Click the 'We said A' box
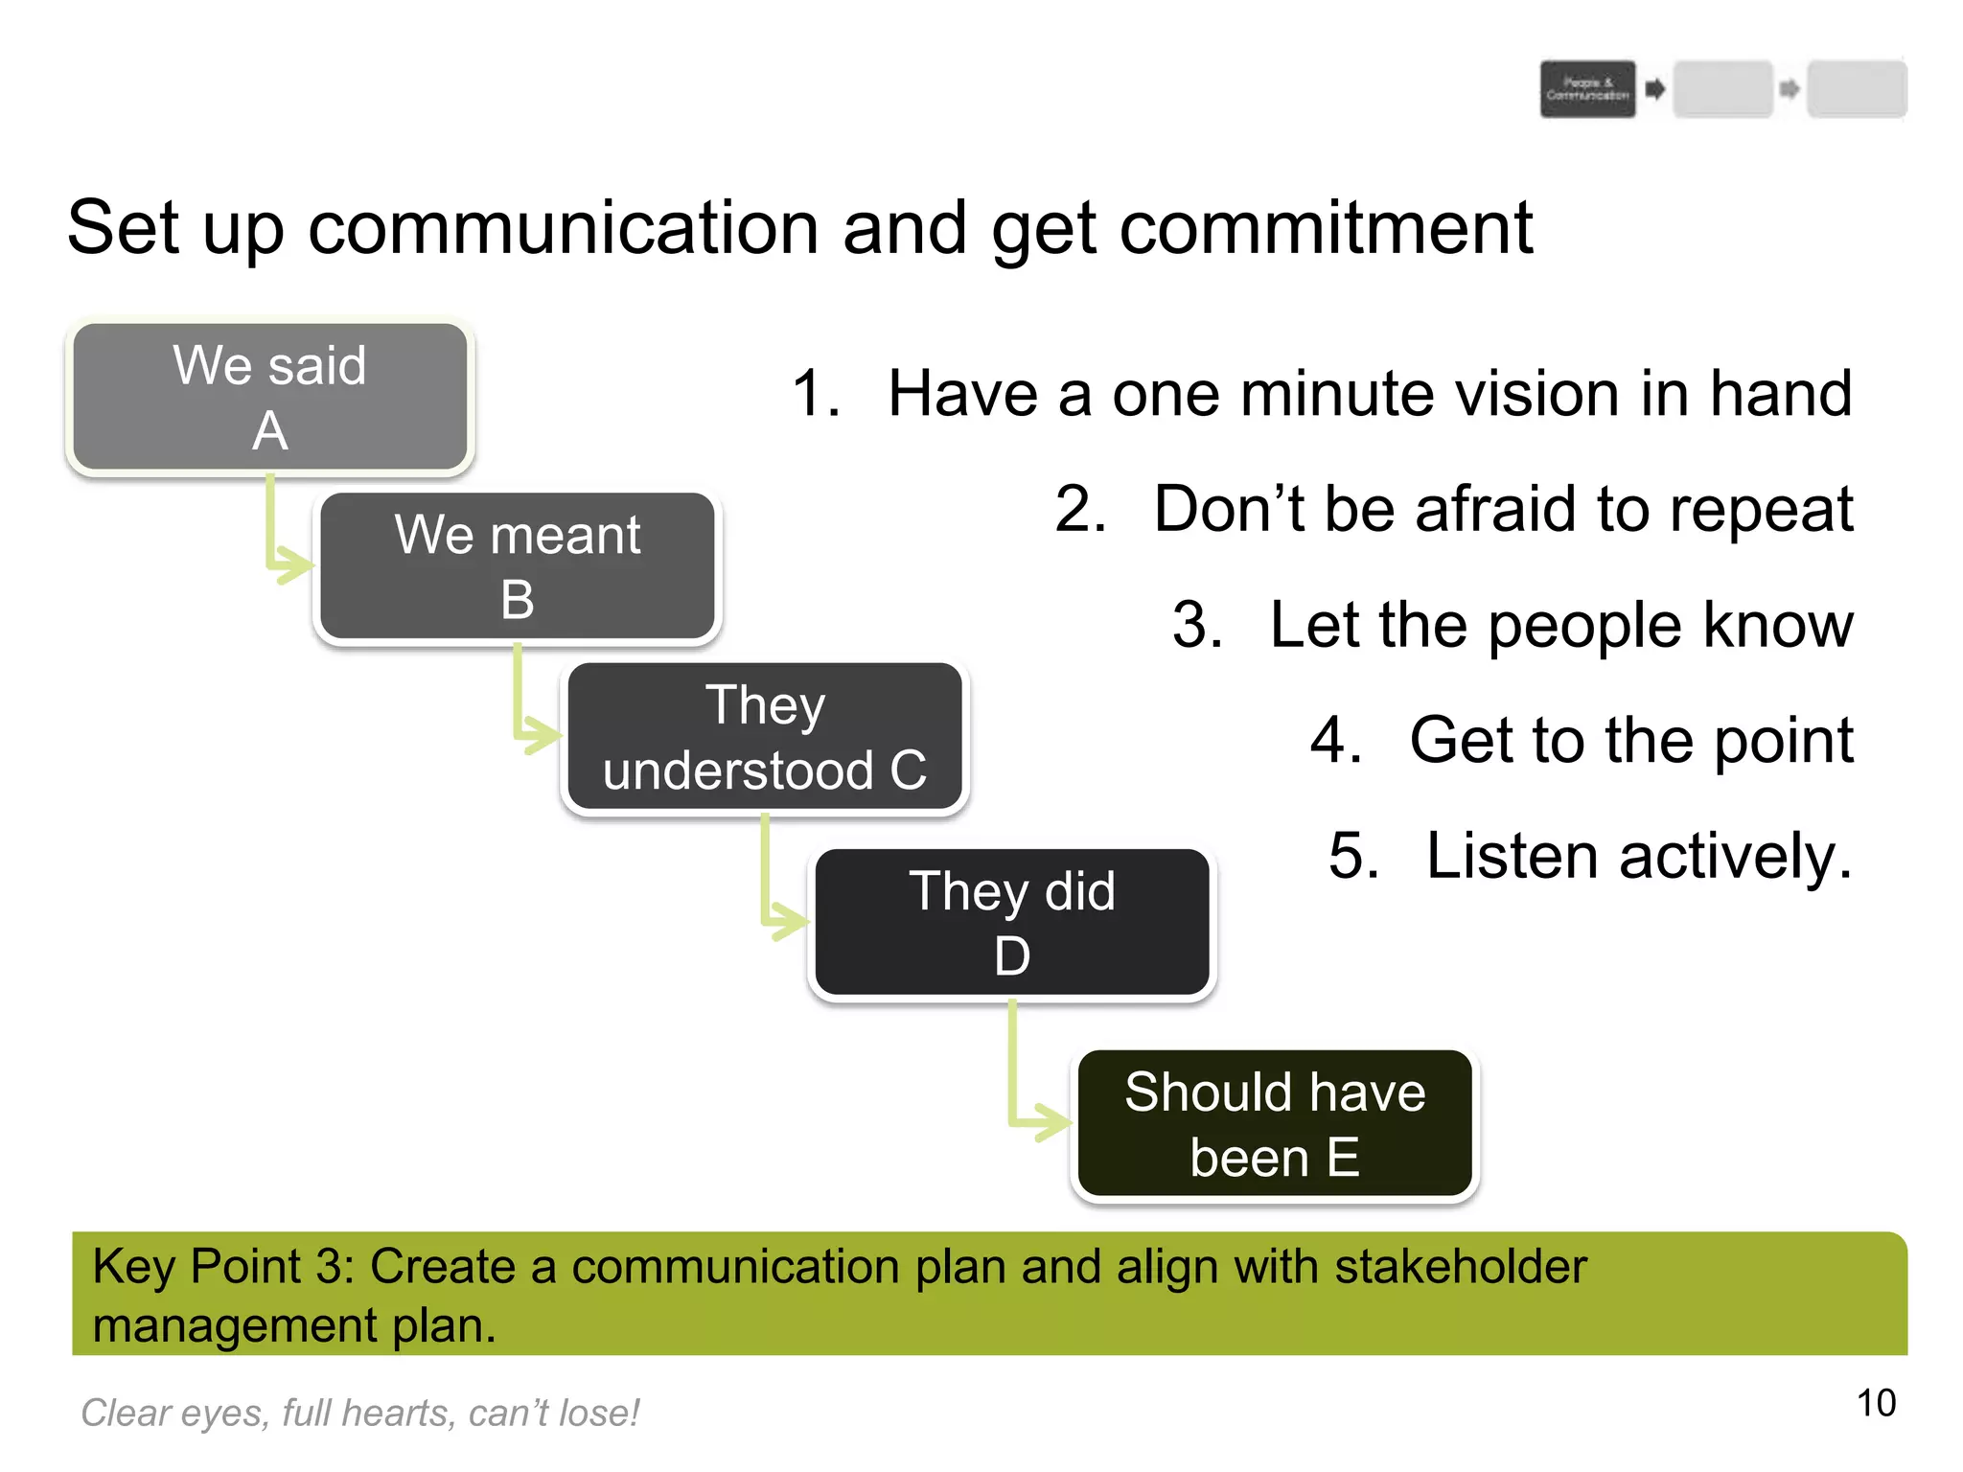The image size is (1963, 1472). (269, 397)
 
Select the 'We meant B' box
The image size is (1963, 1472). (517, 566)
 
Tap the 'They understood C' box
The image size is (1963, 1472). (764, 737)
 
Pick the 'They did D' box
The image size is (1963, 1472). (1011, 923)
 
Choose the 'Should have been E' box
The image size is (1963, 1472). (1274, 1124)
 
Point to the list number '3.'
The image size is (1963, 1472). (1197, 625)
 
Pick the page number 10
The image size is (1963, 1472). (1876, 1403)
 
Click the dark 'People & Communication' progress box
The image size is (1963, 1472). (1587, 89)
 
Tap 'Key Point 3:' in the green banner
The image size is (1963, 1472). (223, 1266)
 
